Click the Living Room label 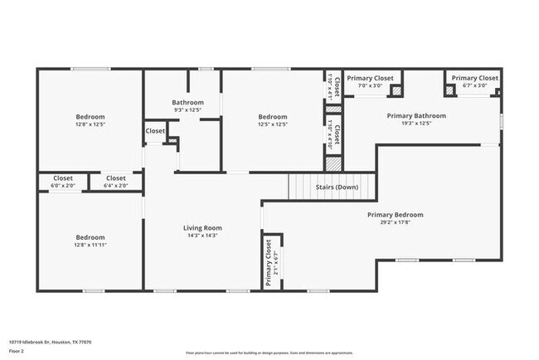(x=202, y=227)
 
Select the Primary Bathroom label (x=416, y=115)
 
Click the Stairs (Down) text (x=337, y=187)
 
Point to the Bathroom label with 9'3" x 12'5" (x=187, y=102)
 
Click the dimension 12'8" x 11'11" (x=90, y=245)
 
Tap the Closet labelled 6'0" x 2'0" (x=63, y=178)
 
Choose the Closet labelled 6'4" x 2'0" (x=116, y=178)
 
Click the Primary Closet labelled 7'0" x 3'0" (x=370, y=78)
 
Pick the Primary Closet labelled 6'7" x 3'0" (x=475, y=78)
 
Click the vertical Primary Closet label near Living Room (x=268, y=264)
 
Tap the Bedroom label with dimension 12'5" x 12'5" (x=272, y=116)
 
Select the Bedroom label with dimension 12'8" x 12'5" (x=90, y=116)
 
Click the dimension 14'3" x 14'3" (x=202, y=236)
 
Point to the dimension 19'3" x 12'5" (x=416, y=124)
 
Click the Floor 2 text (x=17, y=351)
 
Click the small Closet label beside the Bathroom (x=155, y=130)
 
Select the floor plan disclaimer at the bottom (x=269, y=353)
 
